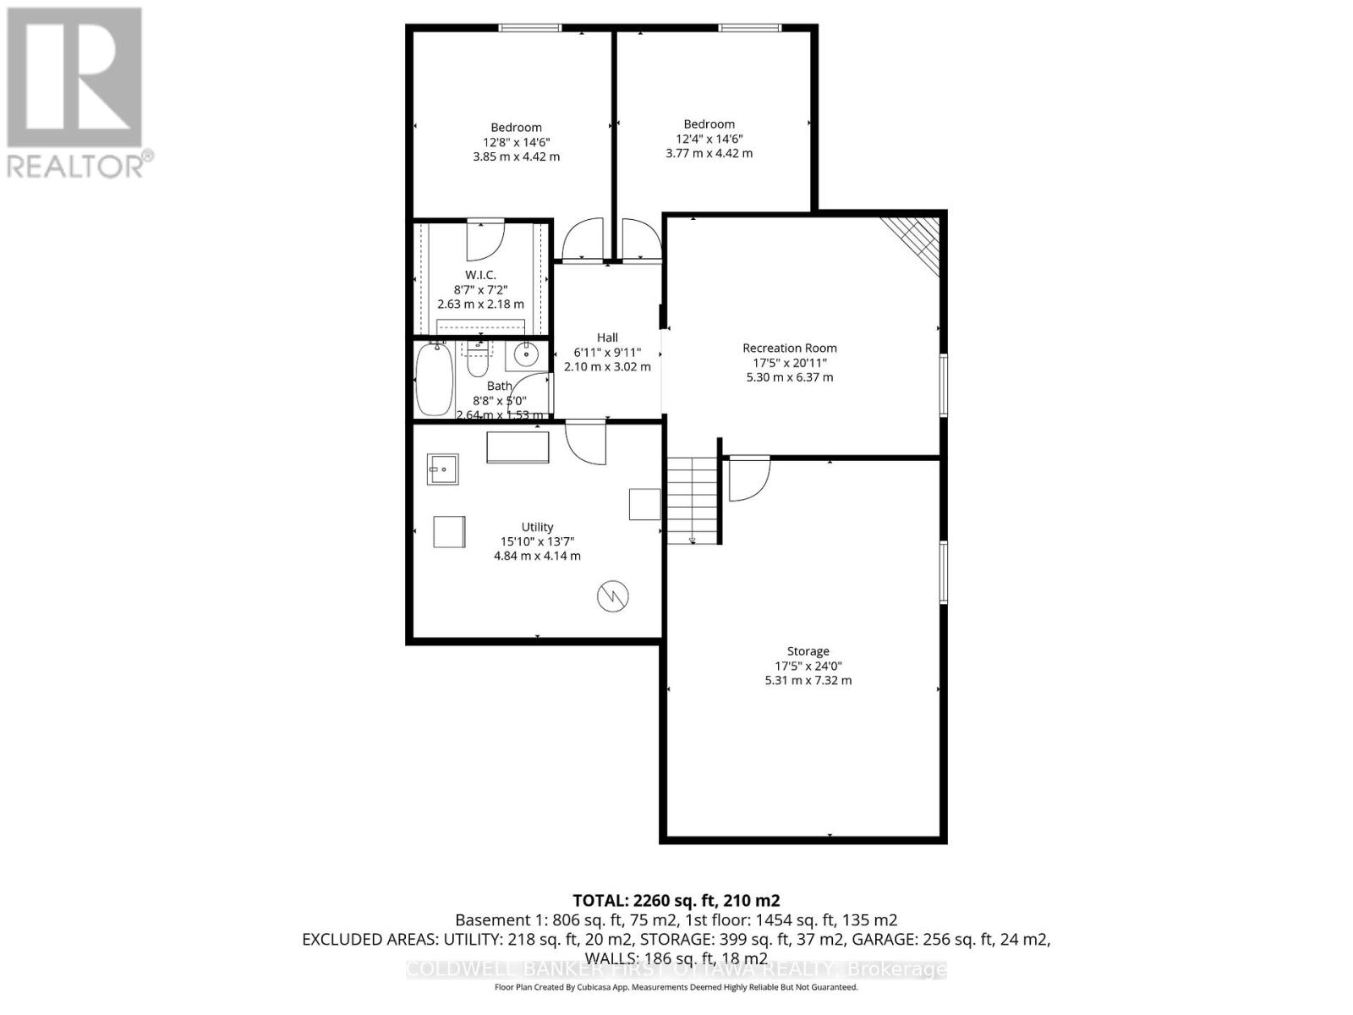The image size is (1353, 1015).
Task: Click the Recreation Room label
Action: [790, 348]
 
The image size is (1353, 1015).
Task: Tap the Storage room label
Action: [808, 651]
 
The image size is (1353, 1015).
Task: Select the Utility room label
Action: [537, 527]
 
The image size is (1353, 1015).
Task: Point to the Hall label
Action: [607, 337]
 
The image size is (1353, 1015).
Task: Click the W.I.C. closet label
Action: [480, 275]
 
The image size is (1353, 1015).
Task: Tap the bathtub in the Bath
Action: [435, 379]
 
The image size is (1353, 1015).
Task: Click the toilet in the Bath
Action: [478, 361]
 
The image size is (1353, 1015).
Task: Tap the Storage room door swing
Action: [748, 478]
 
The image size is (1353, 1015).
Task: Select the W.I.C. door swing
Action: [485, 239]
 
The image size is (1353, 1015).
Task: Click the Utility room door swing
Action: [585, 442]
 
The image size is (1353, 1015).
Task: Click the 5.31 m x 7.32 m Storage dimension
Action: [808, 680]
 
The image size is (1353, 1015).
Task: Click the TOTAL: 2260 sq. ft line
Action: [676, 900]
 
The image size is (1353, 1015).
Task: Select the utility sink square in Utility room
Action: [442, 469]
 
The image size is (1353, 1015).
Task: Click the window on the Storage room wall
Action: [944, 572]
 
